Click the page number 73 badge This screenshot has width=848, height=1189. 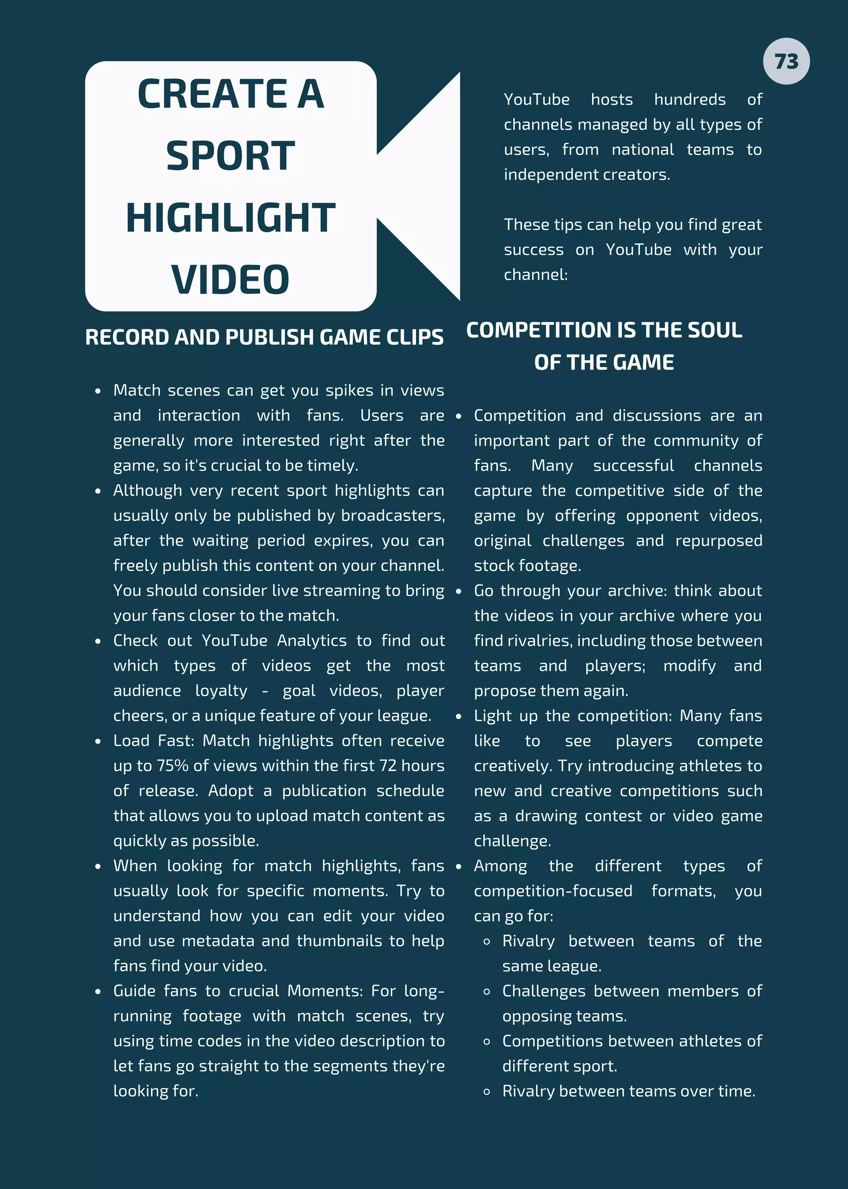point(786,62)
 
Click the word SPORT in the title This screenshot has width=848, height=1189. point(230,156)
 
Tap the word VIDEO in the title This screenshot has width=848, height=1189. point(230,280)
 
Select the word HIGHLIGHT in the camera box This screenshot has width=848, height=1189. point(230,218)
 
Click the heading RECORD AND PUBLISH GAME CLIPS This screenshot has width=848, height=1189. point(264,338)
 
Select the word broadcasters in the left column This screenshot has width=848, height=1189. point(393,515)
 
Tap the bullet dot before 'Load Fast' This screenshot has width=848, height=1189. point(98,741)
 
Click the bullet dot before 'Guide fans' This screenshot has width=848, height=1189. point(98,991)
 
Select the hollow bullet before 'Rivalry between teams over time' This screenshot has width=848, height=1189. point(487,1091)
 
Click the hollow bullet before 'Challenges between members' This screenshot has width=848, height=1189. point(487,991)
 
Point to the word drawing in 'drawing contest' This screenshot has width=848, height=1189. point(546,816)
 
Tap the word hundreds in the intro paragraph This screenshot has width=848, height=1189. point(689,100)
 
